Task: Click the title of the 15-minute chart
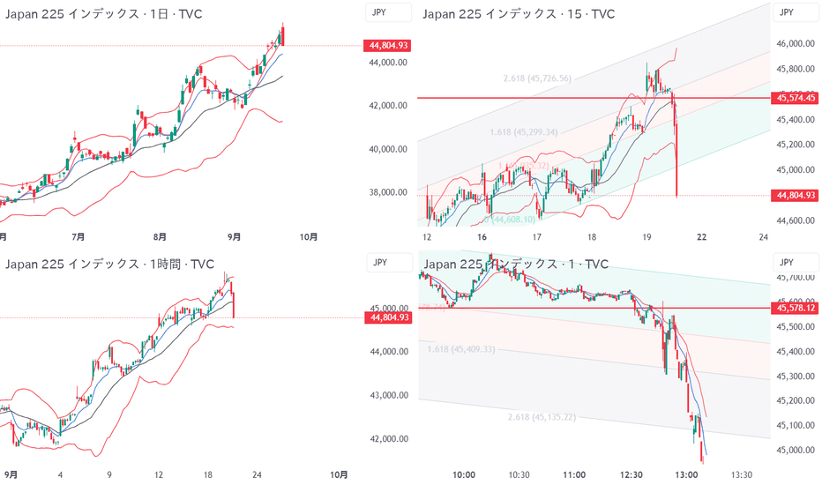pos(519,14)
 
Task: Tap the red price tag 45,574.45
pos(794,98)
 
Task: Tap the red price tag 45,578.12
pos(794,308)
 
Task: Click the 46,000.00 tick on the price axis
pos(794,43)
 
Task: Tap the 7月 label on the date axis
pos(78,236)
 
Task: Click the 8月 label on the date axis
pos(160,236)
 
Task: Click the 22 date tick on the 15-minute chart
pos(700,236)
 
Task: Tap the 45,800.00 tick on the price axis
pos(794,69)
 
